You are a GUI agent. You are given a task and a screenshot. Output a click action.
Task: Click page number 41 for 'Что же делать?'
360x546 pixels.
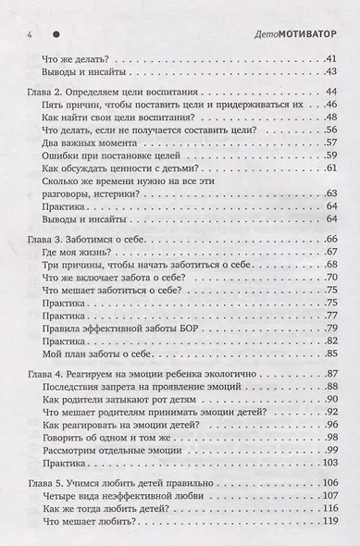329,60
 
